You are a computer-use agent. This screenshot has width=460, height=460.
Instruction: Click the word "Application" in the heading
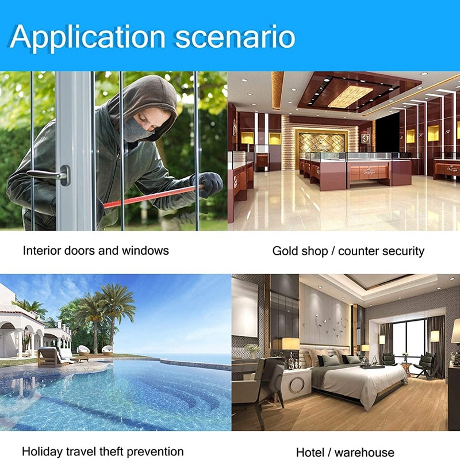coord(86,37)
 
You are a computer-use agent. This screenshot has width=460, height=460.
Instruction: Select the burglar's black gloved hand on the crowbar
coord(208,183)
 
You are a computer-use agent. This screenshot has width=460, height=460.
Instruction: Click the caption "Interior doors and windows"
coord(96,251)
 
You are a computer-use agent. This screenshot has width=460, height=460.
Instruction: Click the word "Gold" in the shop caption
coord(285,251)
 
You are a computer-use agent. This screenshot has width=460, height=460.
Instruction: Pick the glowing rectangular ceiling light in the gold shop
coord(351,97)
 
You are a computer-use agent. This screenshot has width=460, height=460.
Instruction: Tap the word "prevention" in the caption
coord(155,451)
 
